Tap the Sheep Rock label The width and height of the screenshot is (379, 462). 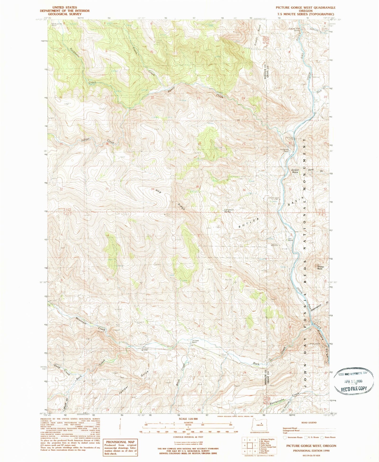[x=320, y=268]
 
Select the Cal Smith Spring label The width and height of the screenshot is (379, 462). [x=228, y=211]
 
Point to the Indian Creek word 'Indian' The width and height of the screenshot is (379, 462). [x=85, y=140]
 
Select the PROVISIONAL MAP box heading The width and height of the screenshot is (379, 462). [x=120, y=442]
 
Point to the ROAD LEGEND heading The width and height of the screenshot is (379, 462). [x=309, y=423]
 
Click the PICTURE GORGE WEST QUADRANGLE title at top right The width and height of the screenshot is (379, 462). [x=305, y=8]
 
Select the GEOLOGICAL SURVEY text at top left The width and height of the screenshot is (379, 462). [x=65, y=14]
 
